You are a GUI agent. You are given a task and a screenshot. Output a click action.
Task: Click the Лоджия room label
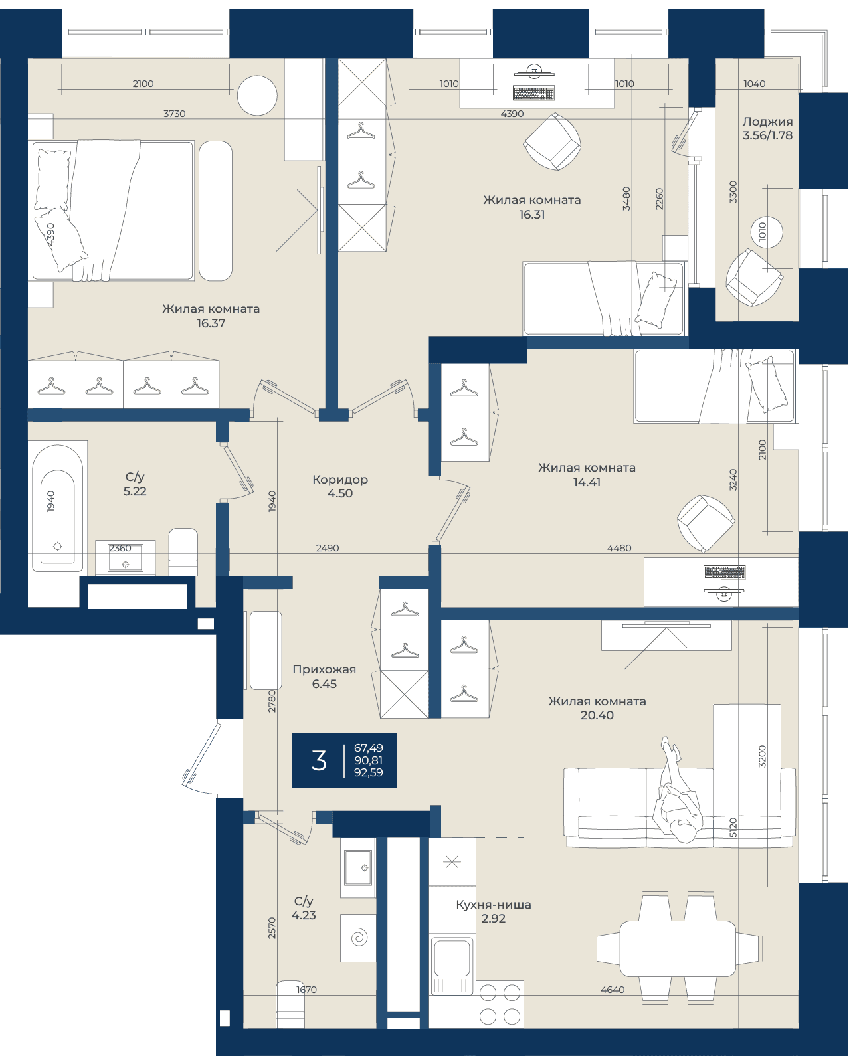(767, 122)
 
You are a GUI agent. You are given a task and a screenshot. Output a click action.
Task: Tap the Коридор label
(340, 480)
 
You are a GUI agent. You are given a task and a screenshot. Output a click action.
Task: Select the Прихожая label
(324, 669)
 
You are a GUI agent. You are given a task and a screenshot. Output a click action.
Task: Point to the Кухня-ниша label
(494, 905)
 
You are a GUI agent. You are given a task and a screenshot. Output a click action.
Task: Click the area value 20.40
(597, 715)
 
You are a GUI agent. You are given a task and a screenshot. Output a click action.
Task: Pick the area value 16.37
(211, 323)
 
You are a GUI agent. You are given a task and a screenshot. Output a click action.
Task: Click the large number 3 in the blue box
(319, 760)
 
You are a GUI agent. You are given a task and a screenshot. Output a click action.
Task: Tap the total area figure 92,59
(369, 772)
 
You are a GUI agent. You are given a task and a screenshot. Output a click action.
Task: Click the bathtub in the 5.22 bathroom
(58, 507)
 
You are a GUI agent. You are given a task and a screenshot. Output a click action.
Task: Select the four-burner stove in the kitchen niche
(500, 1004)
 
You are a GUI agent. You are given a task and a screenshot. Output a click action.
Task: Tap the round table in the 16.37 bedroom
(257, 95)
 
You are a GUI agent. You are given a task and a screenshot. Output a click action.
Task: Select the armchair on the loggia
(754, 277)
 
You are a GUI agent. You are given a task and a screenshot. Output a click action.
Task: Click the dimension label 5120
(733, 828)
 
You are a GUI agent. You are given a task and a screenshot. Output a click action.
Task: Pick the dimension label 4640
(613, 990)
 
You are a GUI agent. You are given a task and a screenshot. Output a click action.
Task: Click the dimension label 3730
(175, 114)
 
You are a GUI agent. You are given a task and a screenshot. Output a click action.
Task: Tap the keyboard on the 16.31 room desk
(533, 93)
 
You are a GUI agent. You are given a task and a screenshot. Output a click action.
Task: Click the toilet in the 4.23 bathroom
(290, 1004)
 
